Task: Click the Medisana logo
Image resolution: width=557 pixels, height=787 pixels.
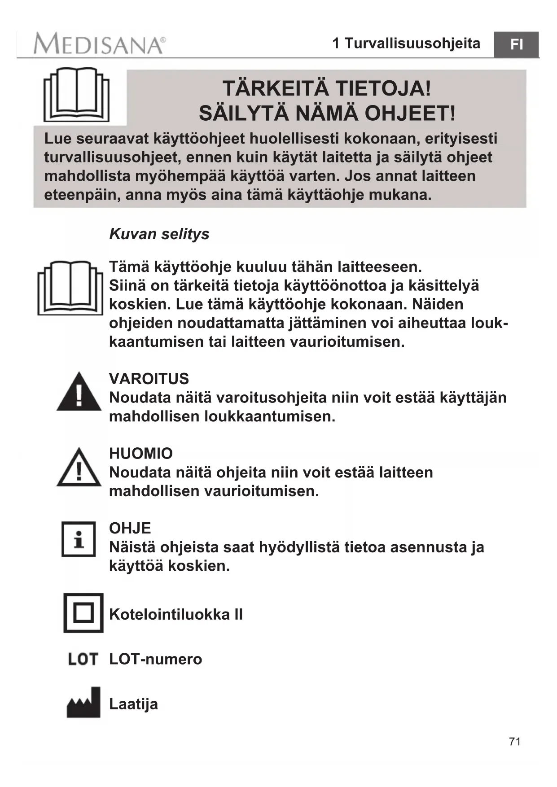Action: point(99,44)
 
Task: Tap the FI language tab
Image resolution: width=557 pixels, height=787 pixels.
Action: point(516,44)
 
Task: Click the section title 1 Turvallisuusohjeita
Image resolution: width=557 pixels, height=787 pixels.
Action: point(406,43)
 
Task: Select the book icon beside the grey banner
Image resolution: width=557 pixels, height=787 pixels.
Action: point(76,95)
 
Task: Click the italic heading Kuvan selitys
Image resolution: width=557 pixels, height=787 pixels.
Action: point(159,234)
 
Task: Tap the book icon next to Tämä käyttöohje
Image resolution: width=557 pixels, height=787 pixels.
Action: point(70,288)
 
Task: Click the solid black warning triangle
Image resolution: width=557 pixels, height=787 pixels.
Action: point(79,392)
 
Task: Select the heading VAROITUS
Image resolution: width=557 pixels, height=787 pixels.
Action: point(149,379)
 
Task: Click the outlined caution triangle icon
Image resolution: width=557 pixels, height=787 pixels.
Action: point(79,468)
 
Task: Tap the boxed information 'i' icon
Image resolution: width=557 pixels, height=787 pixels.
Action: point(79,539)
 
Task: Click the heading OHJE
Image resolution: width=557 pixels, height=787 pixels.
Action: point(130,528)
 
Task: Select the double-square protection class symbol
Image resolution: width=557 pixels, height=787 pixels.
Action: point(83,613)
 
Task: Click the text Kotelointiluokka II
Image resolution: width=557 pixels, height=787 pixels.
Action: point(176,614)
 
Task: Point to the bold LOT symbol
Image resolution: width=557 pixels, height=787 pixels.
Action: point(83,659)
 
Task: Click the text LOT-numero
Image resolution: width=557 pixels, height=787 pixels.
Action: point(156,659)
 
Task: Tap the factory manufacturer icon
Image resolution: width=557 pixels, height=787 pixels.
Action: point(83,703)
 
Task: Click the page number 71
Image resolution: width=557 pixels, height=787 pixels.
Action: point(515,741)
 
